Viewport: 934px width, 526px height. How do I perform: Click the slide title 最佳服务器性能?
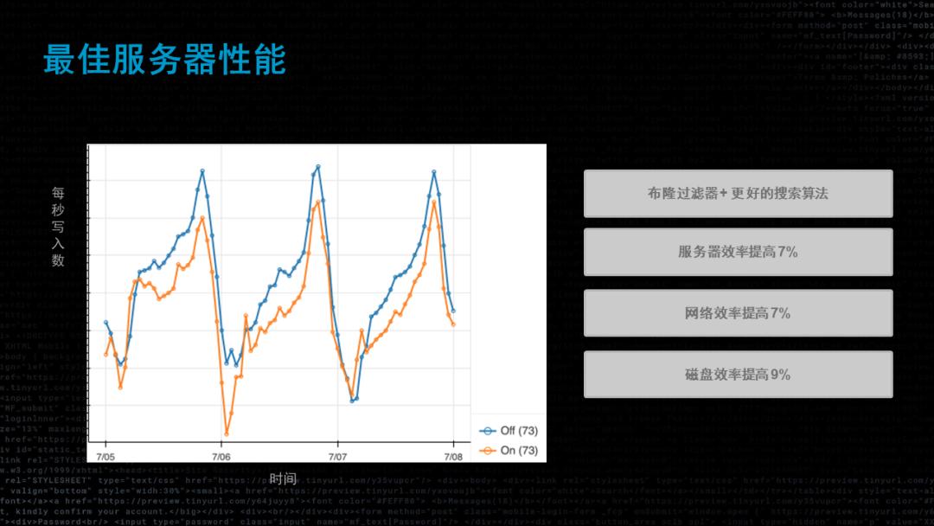pyautogui.click(x=164, y=61)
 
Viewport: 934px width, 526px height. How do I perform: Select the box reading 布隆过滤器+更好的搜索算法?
pyautogui.click(x=738, y=194)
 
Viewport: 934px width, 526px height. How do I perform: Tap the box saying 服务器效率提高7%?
pyautogui.click(x=738, y=252)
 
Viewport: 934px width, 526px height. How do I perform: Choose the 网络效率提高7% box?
pyautogui.click(x=738, y=313)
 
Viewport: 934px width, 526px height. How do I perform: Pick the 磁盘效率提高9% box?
pyautogui.click(x=738, y=375)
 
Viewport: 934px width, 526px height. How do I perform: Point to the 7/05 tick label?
pyautogui.click(x=106, y=456)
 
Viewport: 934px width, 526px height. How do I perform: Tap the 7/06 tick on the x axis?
pyautogui.click(x=221, y=456)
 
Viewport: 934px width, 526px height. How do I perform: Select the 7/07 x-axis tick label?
pyautogui.click(x=338, y=456)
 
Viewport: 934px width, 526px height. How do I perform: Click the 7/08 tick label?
pyautogui.click(x=454, y=456)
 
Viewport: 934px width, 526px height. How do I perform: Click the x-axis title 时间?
pyautogui.click(x=283, y=478)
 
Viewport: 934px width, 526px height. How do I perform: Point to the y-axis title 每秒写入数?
pyautogui.click(x=58, y=227)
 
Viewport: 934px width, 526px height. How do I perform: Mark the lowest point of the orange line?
pyautogui.click(x=227, y=433)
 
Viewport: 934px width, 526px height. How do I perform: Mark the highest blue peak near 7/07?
pyautogui.click(x=318, y=165)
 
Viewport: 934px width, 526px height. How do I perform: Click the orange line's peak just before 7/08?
pyautogui.click(x=434, y=201)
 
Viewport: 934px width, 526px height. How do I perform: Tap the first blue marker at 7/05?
pyautogui.click(x=106, y=322)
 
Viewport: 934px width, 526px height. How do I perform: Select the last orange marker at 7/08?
pyautogui.click(x=453, y=325)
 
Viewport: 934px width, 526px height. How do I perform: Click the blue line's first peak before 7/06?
pyautogui.click(x=202, y=170)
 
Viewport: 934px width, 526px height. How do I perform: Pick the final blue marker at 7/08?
pyautogui.click(x=453, y=311)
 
